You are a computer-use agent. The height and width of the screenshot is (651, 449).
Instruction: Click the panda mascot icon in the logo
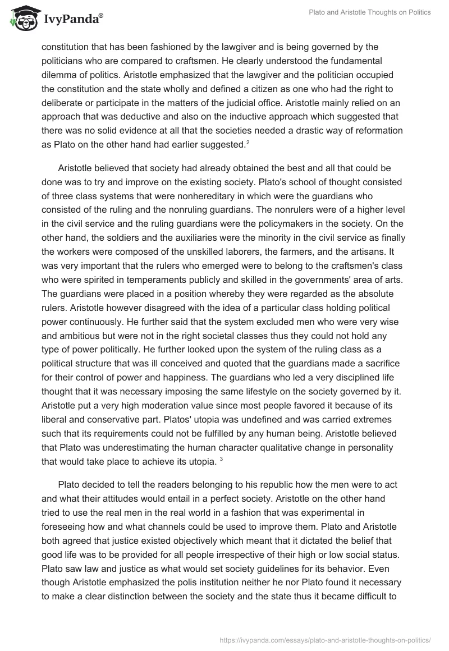(22, 19)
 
